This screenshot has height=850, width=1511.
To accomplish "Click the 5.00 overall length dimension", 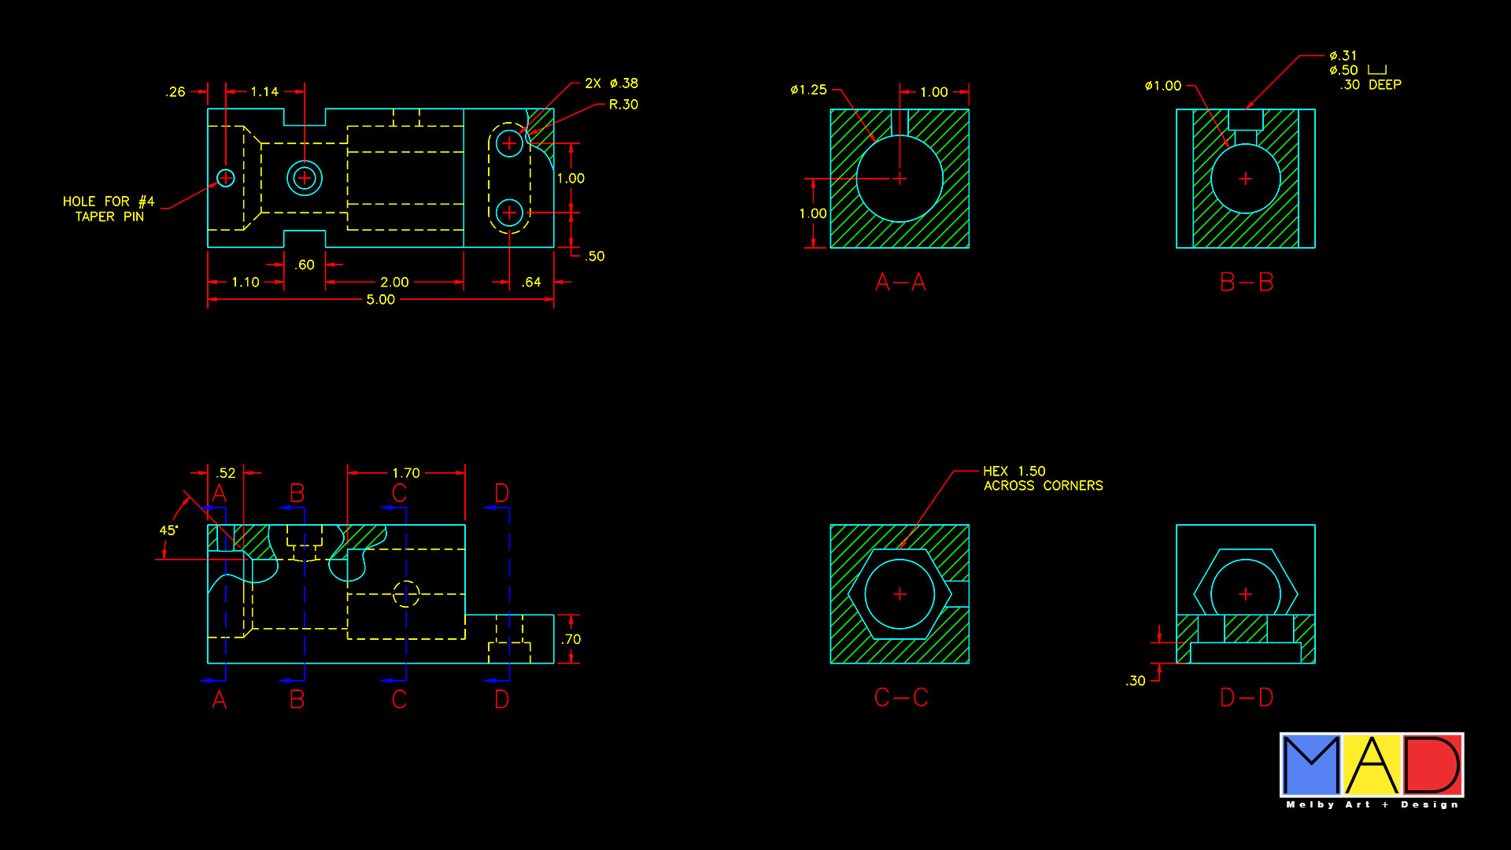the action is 381,300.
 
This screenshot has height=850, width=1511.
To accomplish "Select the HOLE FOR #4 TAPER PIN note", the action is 109,209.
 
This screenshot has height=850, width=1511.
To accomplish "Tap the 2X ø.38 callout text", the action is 611,83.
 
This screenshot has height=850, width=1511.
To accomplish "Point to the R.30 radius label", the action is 623,105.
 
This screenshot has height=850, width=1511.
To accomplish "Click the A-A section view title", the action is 900,282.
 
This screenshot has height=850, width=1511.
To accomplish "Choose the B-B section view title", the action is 1247,282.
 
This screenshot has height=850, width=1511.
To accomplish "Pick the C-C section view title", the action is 901,697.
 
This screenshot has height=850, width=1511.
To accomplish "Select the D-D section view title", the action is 1247,697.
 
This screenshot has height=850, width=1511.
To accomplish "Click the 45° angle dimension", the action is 168,530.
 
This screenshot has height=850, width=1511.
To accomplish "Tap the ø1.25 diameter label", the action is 808,90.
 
